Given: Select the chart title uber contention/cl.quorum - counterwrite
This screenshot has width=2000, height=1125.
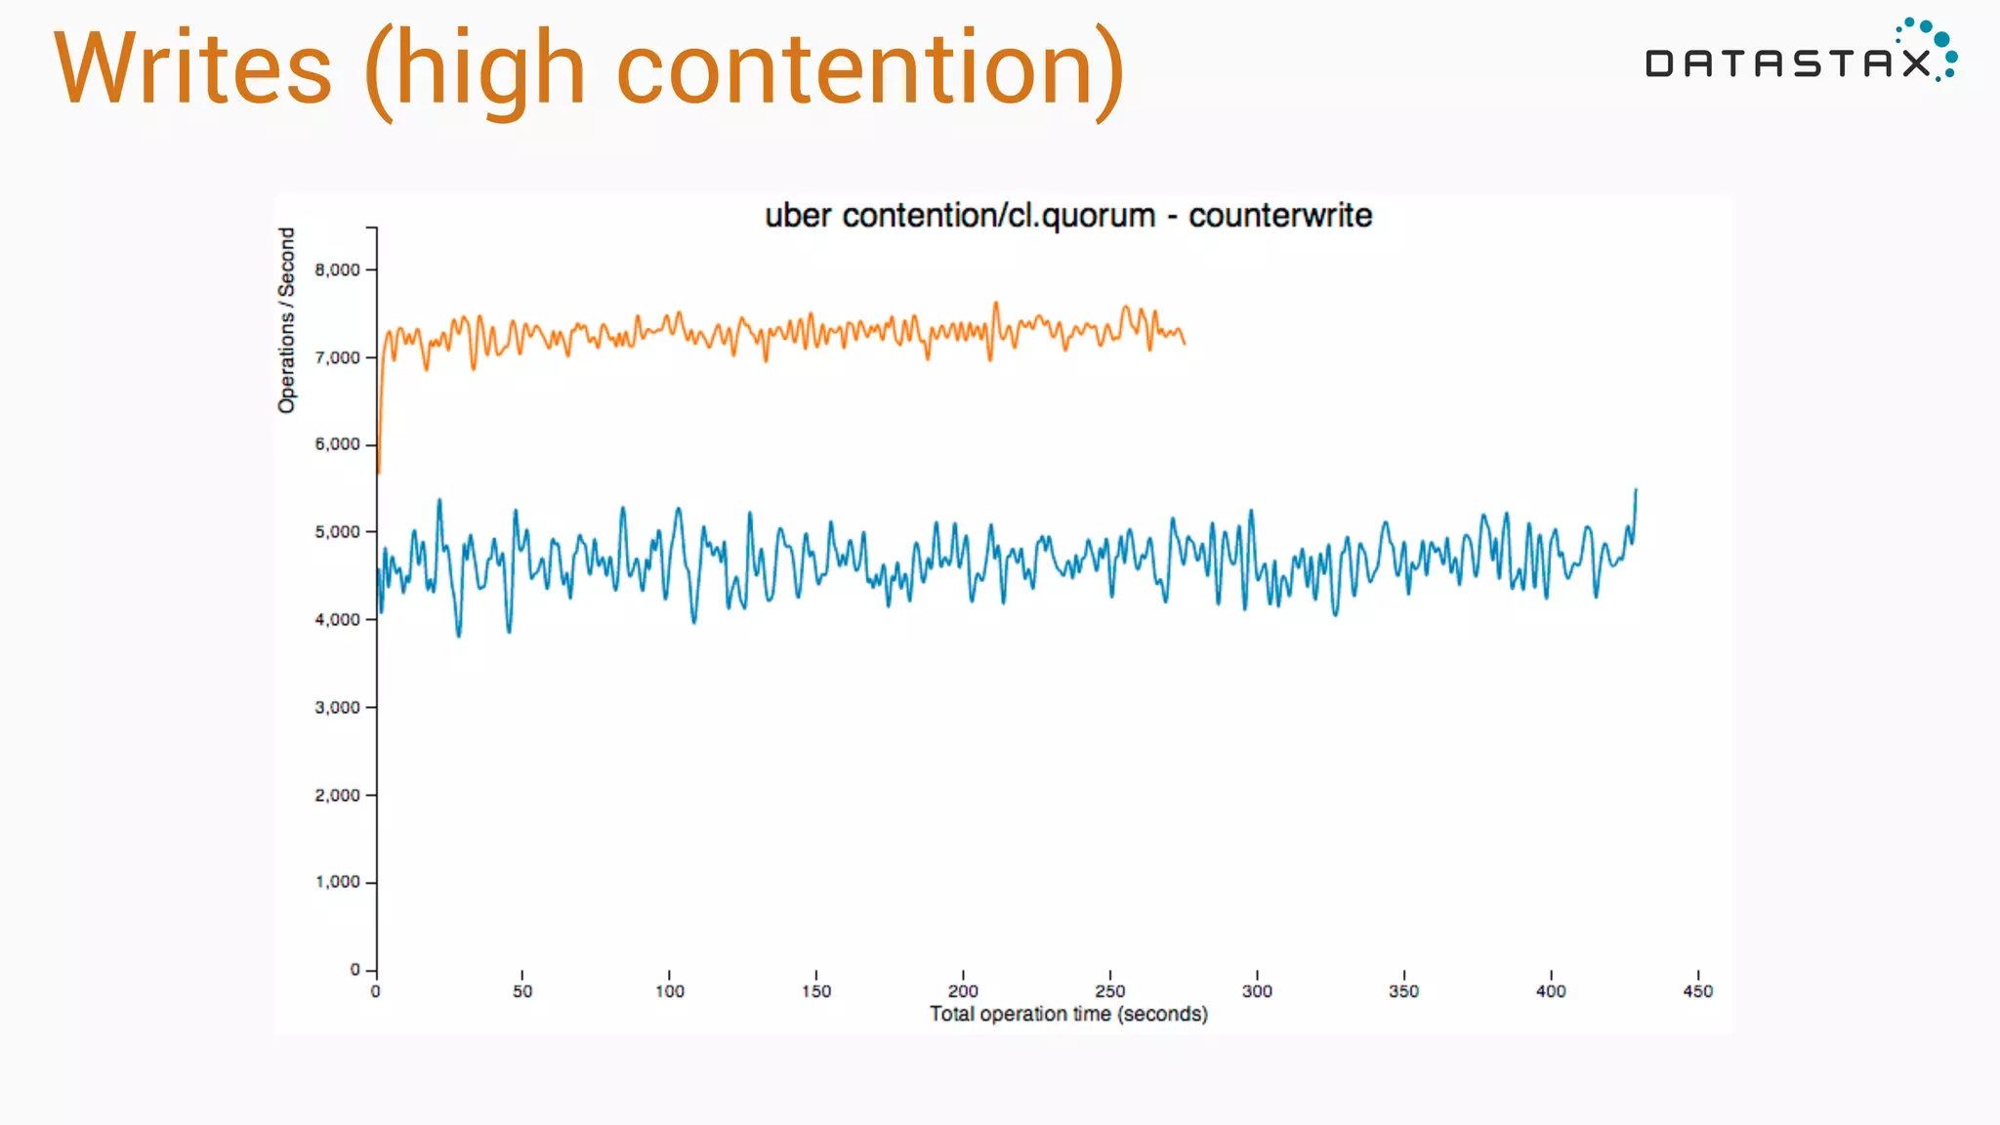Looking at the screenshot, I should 1067,215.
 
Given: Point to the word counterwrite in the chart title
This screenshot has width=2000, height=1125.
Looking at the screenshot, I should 1279,215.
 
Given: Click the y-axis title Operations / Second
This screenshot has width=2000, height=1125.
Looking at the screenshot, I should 286,320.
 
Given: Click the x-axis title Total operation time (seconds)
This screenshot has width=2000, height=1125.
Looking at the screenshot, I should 1068,1014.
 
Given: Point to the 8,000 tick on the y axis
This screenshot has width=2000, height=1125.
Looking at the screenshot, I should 338,270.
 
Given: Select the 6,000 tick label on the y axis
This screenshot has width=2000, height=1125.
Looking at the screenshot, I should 338,444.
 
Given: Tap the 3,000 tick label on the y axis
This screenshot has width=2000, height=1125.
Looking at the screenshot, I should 338,707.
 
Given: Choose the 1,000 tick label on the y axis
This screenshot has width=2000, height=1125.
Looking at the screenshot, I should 338,882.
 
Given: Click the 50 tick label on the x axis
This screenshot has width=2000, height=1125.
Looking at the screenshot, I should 522,991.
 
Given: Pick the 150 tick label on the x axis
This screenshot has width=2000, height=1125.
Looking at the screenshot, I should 816,991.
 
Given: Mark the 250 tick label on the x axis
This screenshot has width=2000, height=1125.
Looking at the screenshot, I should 1110,991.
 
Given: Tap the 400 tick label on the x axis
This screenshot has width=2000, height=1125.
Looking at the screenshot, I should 1551,991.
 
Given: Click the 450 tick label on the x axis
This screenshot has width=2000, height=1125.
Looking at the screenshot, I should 1697,991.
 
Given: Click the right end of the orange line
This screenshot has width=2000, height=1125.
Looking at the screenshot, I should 1185,343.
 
